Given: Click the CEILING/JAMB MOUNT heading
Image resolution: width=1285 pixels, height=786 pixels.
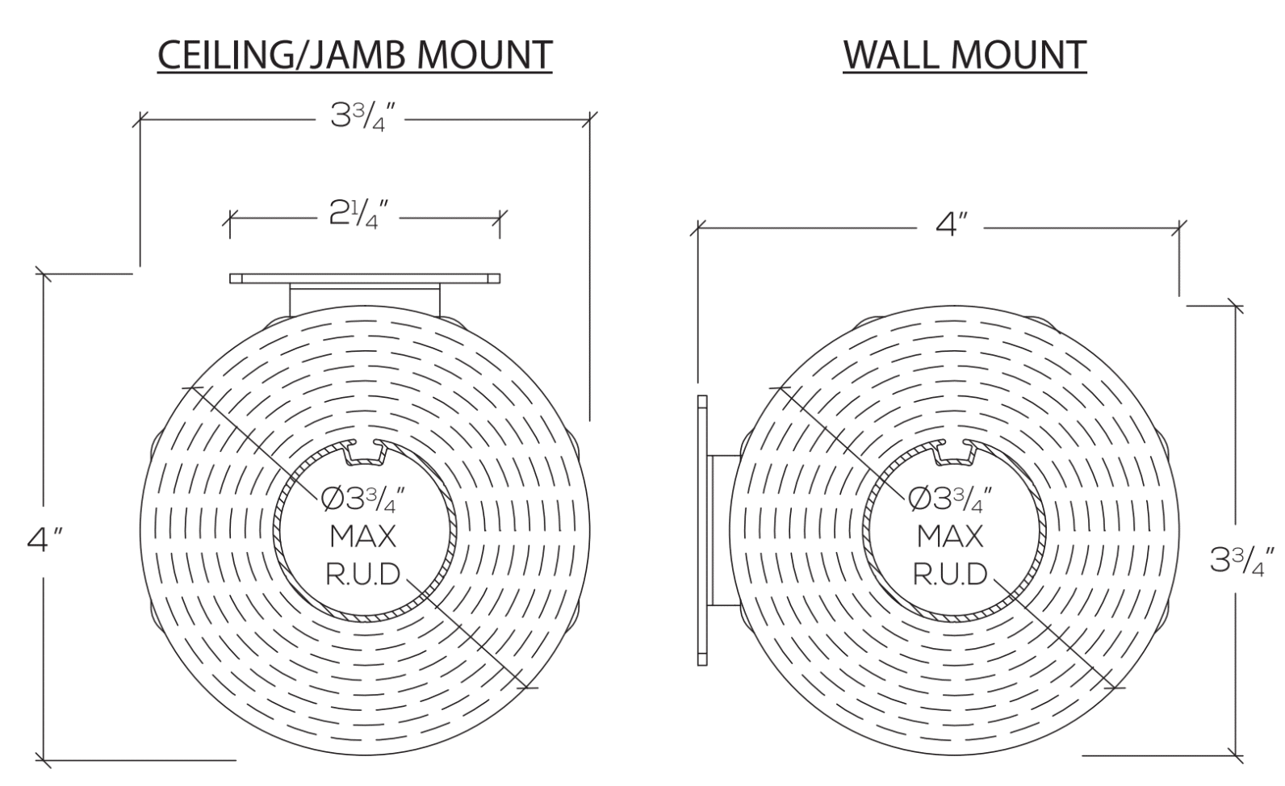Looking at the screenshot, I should click(x=354, y=55).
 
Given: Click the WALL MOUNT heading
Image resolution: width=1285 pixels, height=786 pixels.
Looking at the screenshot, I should click(x=965, y=55).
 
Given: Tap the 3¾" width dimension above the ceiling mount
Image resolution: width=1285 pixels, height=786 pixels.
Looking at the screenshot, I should click(x=362, y=117).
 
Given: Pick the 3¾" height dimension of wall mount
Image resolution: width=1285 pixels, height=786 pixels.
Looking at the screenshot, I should click(x=1242, y=558).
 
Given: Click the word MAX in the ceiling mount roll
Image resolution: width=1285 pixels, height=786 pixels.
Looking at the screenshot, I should click(x=362, y=536).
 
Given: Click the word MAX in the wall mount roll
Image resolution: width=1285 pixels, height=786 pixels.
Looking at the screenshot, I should click(x=950, y=536).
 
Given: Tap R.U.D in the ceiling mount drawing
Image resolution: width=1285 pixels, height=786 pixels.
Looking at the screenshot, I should click(x=362, y=575).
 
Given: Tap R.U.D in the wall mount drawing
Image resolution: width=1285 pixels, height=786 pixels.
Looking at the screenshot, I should click(x=950, y=575).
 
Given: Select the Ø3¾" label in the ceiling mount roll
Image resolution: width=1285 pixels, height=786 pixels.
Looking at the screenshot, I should click(x=362, y=500).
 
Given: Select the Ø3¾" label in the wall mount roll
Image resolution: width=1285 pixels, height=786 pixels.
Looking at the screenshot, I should click(x=950, y=500).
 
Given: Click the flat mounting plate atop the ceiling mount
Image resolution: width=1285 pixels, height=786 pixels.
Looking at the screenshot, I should click(x=364, y=278).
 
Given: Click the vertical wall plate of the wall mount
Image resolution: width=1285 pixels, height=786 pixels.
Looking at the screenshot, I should click(x=701, y=530).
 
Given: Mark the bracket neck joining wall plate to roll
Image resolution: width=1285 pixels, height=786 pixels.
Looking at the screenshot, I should click(x=723, y=530).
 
